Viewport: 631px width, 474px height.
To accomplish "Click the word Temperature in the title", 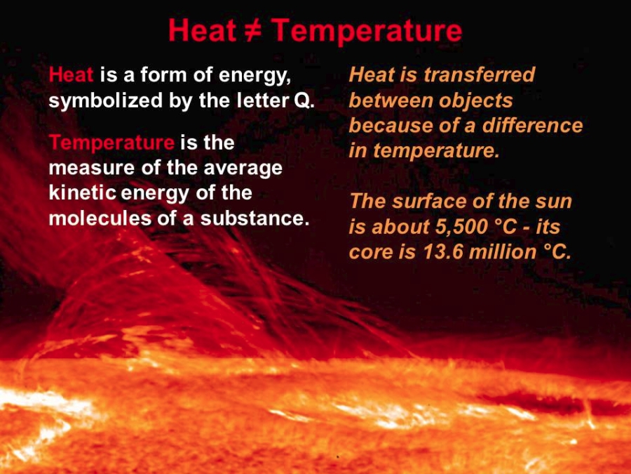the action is pos(366,31).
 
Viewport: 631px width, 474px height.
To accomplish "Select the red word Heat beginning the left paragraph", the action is pos(71,74).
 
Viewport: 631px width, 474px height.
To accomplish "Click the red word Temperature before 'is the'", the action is pos(111,143).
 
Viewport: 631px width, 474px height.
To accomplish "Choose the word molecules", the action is pos(100,218).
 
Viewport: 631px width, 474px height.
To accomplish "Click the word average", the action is pos(243,169).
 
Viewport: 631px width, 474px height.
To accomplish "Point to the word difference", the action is pos(532,125).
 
